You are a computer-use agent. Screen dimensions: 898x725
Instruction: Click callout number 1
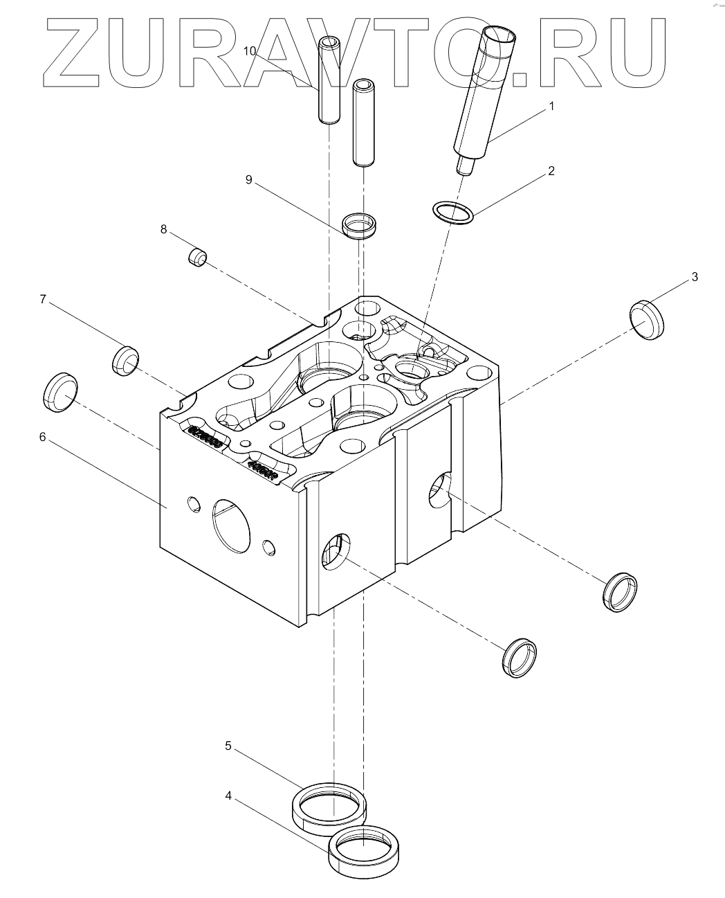tap(551, 106)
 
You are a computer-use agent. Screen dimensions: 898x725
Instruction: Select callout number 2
tap(551, 171)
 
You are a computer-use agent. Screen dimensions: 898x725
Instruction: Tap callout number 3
tap(695, 277)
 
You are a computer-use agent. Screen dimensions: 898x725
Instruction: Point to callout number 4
tap(228, 796)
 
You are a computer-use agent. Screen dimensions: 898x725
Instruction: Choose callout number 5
tap(228, 746)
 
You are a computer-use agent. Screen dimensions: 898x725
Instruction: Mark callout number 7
tap(42, 299)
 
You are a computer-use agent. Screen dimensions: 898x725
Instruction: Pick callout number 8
tap(164, 229)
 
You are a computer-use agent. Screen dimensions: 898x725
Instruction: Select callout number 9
tap(248, 179)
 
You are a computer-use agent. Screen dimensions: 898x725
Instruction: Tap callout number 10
tap(250, 51)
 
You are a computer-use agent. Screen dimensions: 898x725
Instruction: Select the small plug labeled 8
tap(198, 258)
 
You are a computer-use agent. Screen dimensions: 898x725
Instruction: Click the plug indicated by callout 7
tap(125, 360)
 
